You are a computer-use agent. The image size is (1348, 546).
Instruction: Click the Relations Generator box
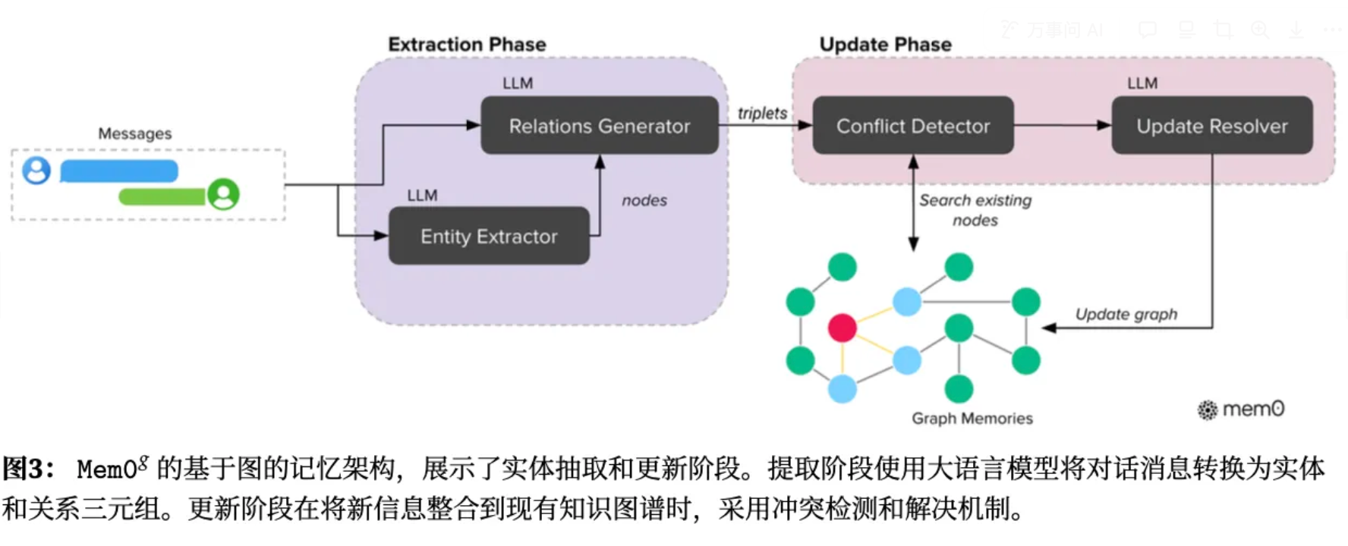[600, 126]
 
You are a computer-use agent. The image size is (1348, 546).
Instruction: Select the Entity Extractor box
[489, 237]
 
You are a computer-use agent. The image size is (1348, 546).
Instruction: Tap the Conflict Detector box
[913, 126]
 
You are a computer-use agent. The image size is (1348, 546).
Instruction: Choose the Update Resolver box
[1211, 126]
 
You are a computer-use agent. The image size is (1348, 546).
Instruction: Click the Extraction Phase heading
[467, 45]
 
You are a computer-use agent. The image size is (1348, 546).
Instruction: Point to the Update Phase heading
[885, 45]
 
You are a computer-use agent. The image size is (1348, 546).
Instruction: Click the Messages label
[135, 134]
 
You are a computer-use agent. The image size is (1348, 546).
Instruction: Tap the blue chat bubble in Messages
[119, 171]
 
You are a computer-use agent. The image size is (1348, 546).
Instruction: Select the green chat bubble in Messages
[162, 197]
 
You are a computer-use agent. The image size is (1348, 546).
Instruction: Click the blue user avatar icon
[36, 171]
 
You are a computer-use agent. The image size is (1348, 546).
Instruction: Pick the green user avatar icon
[224, 194]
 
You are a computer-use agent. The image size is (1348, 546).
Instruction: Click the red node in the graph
[842, 328]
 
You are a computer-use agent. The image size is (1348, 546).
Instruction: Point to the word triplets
[762, 114]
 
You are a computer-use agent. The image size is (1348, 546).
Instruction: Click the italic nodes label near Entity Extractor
[644, 201]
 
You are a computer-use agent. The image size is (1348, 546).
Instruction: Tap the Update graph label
[1126, 315]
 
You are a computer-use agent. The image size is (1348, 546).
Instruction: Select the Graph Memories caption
[972, 419]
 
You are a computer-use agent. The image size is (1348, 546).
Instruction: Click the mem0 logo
[1241, 409]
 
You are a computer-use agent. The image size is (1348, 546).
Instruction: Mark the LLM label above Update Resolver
[1142, 83]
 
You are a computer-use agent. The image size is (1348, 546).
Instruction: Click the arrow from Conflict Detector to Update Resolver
[1062, 126]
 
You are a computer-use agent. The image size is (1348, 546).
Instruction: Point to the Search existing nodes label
[975, 210]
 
